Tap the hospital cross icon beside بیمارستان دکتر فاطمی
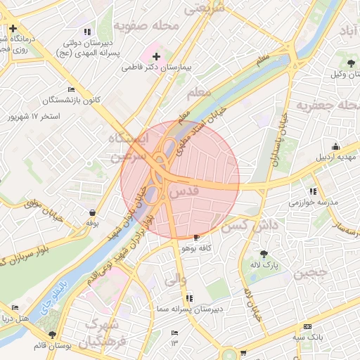156,56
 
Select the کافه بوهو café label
197,248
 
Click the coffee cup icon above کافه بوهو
196,238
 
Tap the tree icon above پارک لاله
264,254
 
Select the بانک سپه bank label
308,337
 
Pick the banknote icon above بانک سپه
307,327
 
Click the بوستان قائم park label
51,346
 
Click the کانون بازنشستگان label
74,100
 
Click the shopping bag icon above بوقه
92,212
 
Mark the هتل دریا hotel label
15,318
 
